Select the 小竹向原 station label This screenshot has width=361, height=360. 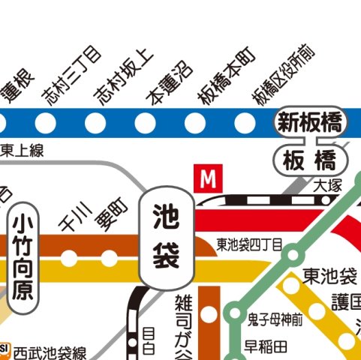24,256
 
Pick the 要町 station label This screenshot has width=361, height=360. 108,216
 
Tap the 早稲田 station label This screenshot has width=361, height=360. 266,346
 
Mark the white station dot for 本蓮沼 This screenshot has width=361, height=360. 144,121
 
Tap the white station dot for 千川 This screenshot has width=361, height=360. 69,259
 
